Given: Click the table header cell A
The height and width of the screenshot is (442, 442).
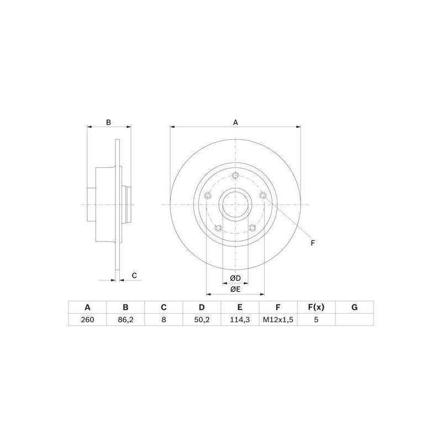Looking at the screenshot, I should pos(87,307).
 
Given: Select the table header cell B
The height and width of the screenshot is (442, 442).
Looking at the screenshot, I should pos(125,307).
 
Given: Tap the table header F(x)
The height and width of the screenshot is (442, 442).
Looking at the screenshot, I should pos(316,307).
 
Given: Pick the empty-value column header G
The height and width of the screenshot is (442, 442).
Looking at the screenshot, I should pos(354,307).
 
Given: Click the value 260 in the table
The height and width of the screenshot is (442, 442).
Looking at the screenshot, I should pos(87,319).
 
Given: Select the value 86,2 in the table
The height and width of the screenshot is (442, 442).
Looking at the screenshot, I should pos(125,319).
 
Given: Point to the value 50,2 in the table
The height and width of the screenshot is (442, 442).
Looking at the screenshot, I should pos(202,319).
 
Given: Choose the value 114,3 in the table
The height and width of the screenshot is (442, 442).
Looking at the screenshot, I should pos(240,319).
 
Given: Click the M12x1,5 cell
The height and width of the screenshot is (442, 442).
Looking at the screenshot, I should pos(278,319).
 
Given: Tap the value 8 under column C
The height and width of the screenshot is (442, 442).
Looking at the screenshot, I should pos(164,319).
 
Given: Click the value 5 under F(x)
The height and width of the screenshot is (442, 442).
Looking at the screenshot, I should pos(316,319).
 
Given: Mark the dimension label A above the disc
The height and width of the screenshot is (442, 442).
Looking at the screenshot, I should pos(235,122).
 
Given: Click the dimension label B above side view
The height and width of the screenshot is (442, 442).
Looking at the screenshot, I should pos(109,122).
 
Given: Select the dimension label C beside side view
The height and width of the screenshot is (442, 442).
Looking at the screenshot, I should pos(134,275).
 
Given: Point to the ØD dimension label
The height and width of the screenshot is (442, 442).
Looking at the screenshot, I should pos(235,277).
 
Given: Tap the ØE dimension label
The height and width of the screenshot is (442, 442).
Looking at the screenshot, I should pos(235,288).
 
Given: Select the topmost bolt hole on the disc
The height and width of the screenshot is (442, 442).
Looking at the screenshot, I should pos(235,176).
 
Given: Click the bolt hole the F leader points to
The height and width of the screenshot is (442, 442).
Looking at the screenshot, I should pos(263,196).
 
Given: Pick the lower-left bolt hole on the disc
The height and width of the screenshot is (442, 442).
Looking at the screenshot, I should pos(218,228).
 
